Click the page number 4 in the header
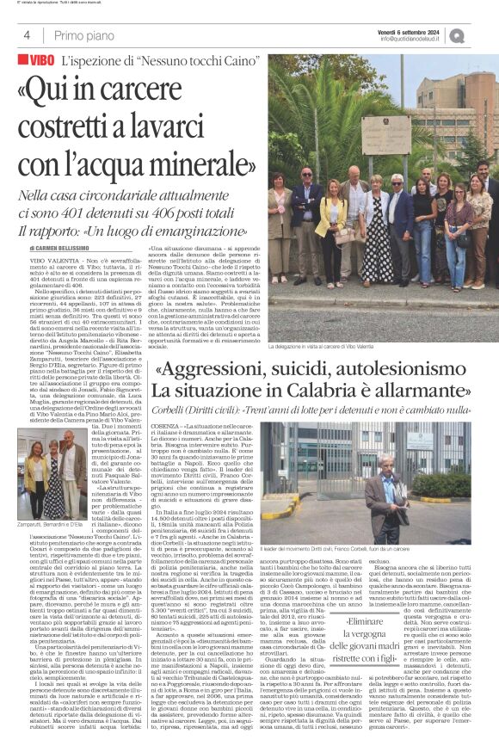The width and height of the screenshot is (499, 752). coord(28,35)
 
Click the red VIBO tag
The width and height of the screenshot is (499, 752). coord(39,63)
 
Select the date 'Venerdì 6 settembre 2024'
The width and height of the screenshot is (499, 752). coord(409,31)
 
